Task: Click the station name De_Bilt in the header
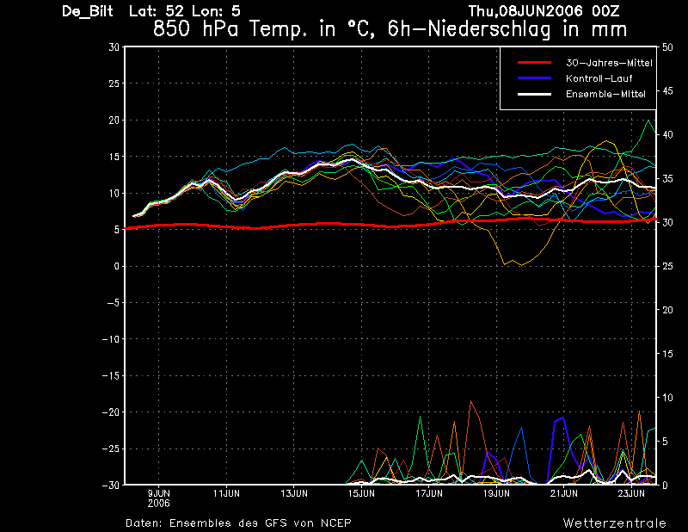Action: coord(88,11)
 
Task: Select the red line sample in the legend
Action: coord(534,63)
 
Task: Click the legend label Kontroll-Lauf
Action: coord(599,78)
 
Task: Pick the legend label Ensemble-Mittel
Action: coord(605,94)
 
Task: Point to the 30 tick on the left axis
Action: coord(114,47)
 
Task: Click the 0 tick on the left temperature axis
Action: coord(117,266)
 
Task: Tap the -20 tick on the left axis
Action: coord(111,412)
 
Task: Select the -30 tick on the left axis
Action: coord(111,485)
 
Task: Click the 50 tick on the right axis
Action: coord(667,47)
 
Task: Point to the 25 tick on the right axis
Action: coord(667,266)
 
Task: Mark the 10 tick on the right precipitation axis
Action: coord(667,398)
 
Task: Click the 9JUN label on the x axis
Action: coord(159,493)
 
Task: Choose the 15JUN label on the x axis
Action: coord(361,493)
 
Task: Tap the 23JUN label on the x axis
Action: coord(631,493)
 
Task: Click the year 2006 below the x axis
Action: coord(159,503)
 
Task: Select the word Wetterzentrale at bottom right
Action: coord(615,523)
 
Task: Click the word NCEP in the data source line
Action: coord(335,523)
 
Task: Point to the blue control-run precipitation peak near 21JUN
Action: coord(563,418)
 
